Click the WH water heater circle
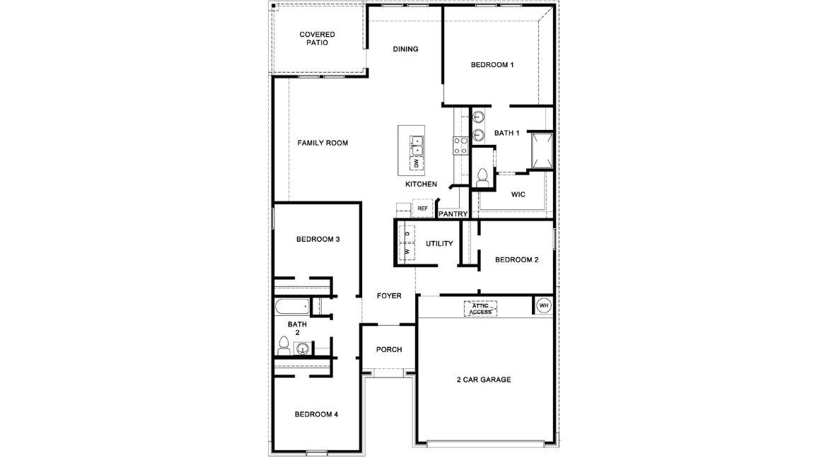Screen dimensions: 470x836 543,305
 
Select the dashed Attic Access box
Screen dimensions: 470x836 480,308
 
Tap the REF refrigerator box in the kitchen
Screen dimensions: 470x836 422,208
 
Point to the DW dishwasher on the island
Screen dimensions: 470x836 417,164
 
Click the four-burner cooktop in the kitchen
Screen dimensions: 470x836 460,145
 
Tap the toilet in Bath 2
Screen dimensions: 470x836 284,346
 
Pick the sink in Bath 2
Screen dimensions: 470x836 303,348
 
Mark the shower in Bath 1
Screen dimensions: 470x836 542,151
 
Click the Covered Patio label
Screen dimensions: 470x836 317,38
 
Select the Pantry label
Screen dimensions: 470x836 453,213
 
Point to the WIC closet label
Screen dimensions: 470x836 518,194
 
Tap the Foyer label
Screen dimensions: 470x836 389,296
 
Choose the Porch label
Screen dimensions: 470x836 389,349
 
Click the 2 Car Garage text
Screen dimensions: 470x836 483,380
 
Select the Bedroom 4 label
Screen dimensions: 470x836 316,414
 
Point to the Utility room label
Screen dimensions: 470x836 439,244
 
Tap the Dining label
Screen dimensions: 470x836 405,49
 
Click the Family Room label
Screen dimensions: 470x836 322,143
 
